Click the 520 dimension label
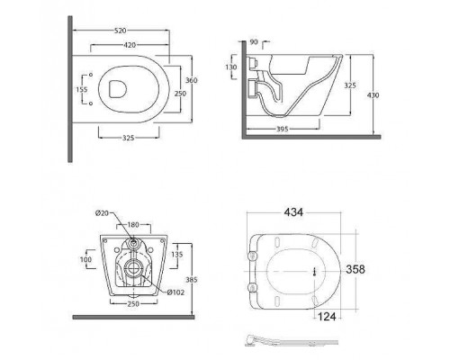point(121,31)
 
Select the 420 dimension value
point(130,45)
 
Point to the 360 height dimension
point(191,80)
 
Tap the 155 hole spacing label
point(82,89)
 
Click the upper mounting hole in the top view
point(91,75)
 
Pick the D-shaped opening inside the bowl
point(118,89)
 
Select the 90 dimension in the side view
point(254,42)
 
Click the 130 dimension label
point(231,67)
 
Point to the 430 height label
point(373,95)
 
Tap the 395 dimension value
point(282,129)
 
